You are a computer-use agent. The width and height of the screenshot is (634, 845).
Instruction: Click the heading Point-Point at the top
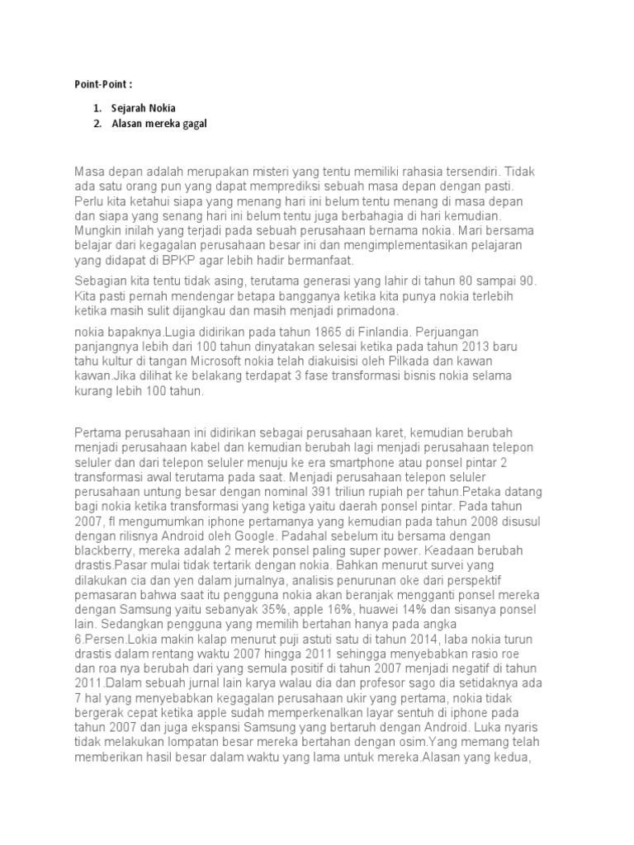(x=97, y=83)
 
